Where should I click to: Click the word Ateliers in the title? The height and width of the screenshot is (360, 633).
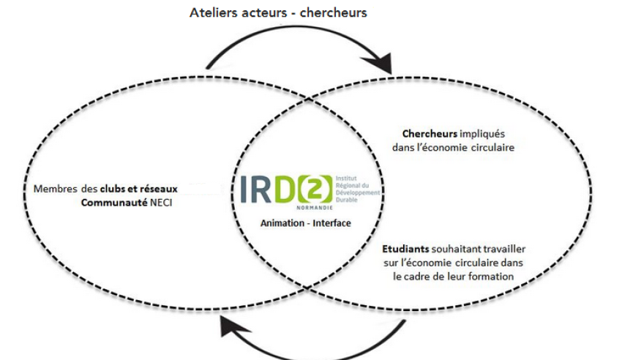pyautogui.click(x=213, y=12)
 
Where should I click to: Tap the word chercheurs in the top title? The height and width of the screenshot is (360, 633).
pyautogui.click(x=334, y=12)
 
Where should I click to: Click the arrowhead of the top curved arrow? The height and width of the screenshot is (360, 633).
pyautogui.click(x=380, y=62)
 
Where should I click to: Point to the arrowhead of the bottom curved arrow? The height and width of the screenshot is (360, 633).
pyautogui.click(x=234, y=326)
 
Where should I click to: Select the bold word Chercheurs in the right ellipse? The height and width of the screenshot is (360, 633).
pyautogui.click(x=430, y=134)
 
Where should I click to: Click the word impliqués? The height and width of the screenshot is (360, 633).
pyautogui.click(x=482, y=134)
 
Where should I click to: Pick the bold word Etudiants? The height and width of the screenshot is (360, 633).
pyautogui.click(x=405, y=249)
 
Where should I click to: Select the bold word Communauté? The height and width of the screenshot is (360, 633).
pyautogui.click(x=114, y=202)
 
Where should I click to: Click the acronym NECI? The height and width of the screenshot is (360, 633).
pyautogui.click(x=161, y=202)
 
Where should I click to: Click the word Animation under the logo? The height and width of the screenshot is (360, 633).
pyautogui.click(x=282, y=222)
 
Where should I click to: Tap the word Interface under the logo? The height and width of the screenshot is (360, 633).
pyautogui.click(x=332, y=222)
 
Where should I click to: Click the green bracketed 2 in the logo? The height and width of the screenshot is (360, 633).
pyautogui.click(x=315, y=190)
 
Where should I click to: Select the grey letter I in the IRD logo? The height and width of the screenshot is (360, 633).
pyautogui.click(x=244, y=189)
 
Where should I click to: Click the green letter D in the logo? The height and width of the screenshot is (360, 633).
pyautogui.click(x=285, y=189)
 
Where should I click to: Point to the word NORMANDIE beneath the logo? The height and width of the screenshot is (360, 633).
pyautogui.click(x=315, y=208)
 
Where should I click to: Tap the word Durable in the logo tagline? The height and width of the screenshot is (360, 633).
pyautogui.click(x=346, y=200)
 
